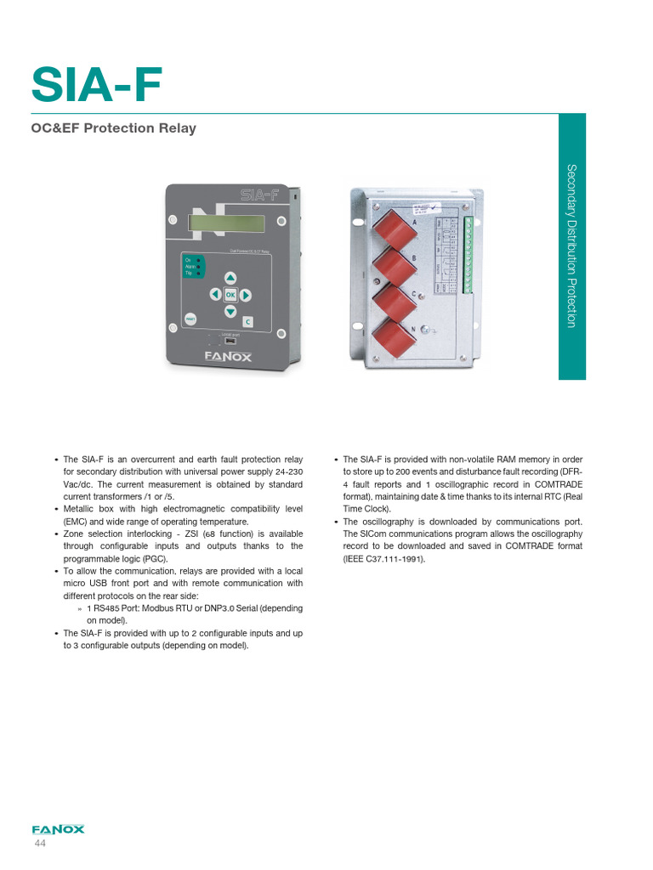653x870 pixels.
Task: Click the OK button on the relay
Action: [x=230, y=295]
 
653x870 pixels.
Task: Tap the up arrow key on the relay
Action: [x=230, y=278]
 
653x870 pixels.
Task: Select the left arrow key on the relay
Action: [x=214, y=295]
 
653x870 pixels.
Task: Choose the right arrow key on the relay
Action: [x=245, y=295]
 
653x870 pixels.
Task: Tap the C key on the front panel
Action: [x=247, y=322]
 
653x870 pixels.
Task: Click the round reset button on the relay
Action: [x=190, y=319]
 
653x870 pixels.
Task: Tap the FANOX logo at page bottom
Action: [x=58, y=830]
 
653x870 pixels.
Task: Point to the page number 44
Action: [x=40, y=845]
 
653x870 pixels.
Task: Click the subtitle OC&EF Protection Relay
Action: [x=114, y=128]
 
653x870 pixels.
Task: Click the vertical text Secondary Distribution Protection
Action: [x=571, y=246]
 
